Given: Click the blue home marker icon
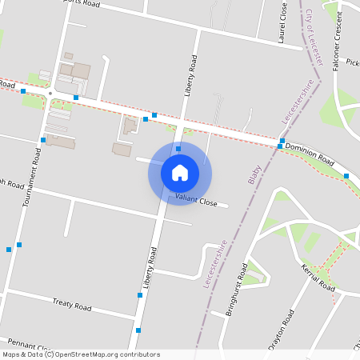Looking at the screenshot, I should pos(180,172).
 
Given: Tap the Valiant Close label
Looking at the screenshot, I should pos(196,202).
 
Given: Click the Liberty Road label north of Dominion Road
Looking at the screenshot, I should pos(189,76).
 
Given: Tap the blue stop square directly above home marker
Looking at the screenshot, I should pos(178,149).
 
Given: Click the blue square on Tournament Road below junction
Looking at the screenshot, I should pos(42,139).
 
